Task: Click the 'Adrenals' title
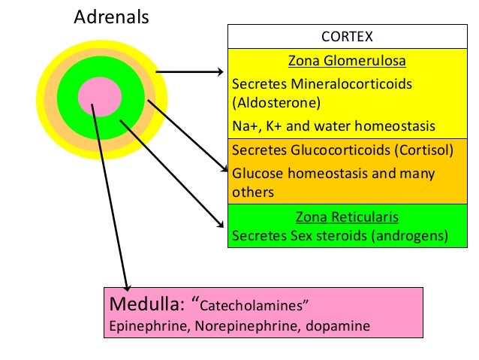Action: (111, 17)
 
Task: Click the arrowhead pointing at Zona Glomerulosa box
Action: (219, 73)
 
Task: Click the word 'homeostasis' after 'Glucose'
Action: (330, 174)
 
